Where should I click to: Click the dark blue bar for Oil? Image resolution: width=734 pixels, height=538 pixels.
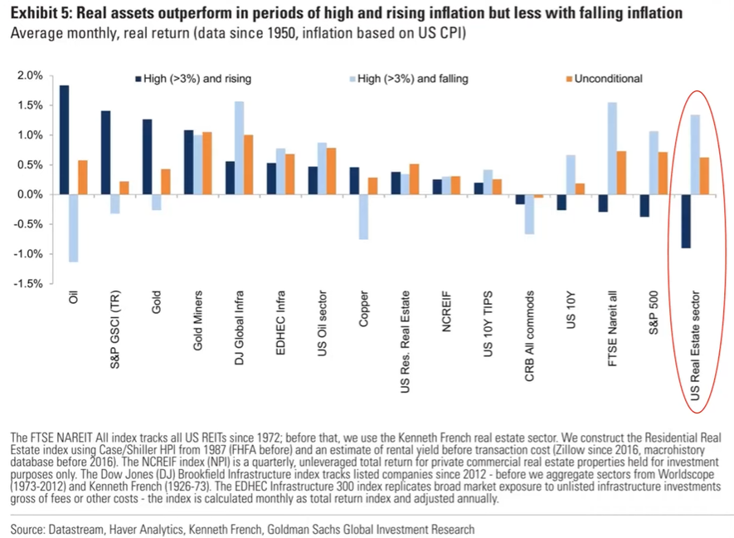click(64, 139)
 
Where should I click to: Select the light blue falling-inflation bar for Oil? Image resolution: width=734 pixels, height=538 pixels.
click(73, 228)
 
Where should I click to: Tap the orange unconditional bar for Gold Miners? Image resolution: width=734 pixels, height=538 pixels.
click(207, 163)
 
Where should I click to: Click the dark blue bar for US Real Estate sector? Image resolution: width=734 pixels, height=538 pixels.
click(686, 221)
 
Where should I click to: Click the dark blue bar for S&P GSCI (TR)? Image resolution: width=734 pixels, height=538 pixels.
click(105, 153)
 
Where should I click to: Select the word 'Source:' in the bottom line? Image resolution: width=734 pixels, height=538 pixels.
click(32, 529)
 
